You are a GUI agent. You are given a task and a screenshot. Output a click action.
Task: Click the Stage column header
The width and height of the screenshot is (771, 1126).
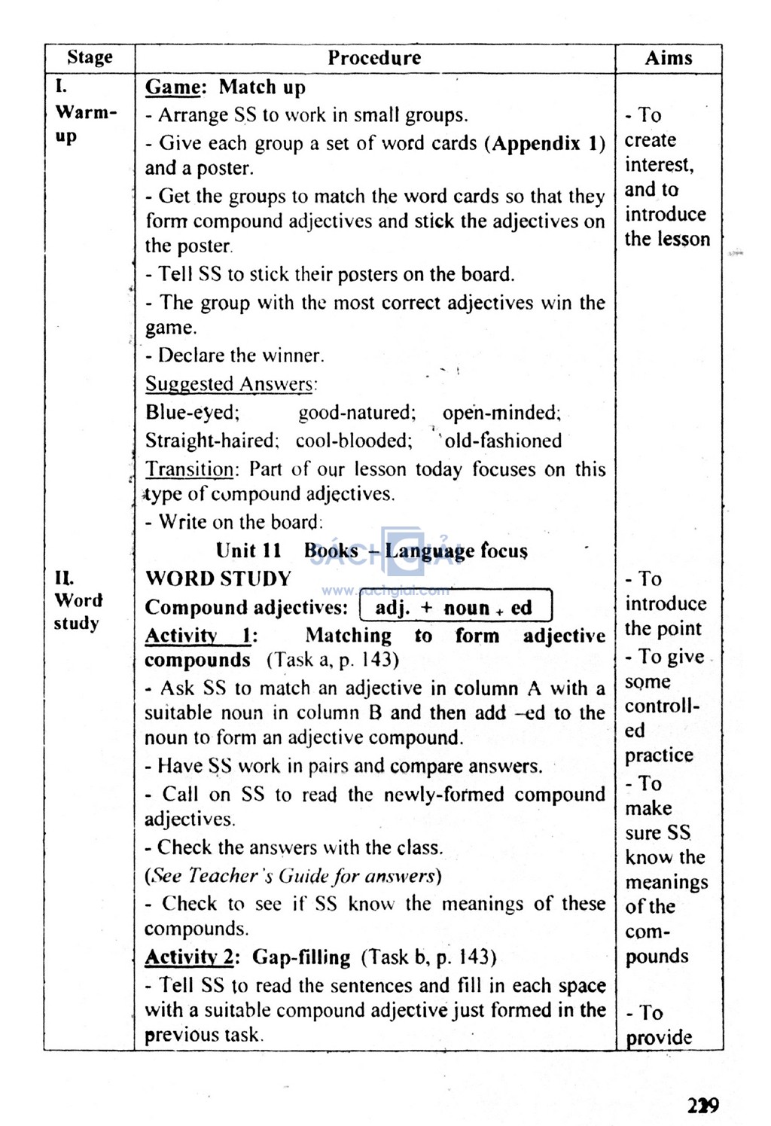coord(90,57)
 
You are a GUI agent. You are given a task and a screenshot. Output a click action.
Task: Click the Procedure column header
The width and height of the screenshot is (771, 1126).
coord(374,58)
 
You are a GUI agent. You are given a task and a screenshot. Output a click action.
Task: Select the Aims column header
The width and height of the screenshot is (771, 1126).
coord(669,58)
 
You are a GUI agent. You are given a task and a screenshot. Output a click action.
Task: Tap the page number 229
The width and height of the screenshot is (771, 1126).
coord(703,1105)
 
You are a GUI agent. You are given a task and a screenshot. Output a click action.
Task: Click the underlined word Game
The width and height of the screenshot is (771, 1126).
coord(173,87)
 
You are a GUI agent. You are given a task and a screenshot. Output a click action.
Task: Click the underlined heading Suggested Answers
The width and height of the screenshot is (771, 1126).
coord(229,384)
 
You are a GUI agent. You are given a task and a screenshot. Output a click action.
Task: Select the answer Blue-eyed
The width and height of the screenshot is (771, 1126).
coord(192,413)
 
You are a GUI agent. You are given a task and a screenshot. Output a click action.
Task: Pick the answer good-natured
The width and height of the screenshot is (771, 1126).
coord(357,413)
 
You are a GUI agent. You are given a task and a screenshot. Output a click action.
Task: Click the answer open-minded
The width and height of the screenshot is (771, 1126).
coord(501,413)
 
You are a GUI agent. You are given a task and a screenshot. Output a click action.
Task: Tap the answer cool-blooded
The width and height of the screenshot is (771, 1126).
coord(354,441)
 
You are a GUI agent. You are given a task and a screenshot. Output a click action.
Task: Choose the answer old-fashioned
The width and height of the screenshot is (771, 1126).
coord(503,441)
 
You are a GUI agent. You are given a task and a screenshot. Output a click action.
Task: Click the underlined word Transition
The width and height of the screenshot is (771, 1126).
coord(190,469)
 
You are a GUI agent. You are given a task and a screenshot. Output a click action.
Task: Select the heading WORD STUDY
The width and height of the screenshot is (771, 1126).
coord(218,578)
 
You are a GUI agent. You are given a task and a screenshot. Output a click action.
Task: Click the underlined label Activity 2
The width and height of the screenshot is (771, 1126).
coord(190,957)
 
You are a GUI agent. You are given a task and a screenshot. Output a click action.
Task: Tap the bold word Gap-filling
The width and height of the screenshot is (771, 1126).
coord(301,957)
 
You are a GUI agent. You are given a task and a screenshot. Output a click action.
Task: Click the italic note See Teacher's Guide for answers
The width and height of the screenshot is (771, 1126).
coord(293,876)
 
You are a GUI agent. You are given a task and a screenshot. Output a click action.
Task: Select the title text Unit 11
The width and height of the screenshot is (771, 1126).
coord(248,551)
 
